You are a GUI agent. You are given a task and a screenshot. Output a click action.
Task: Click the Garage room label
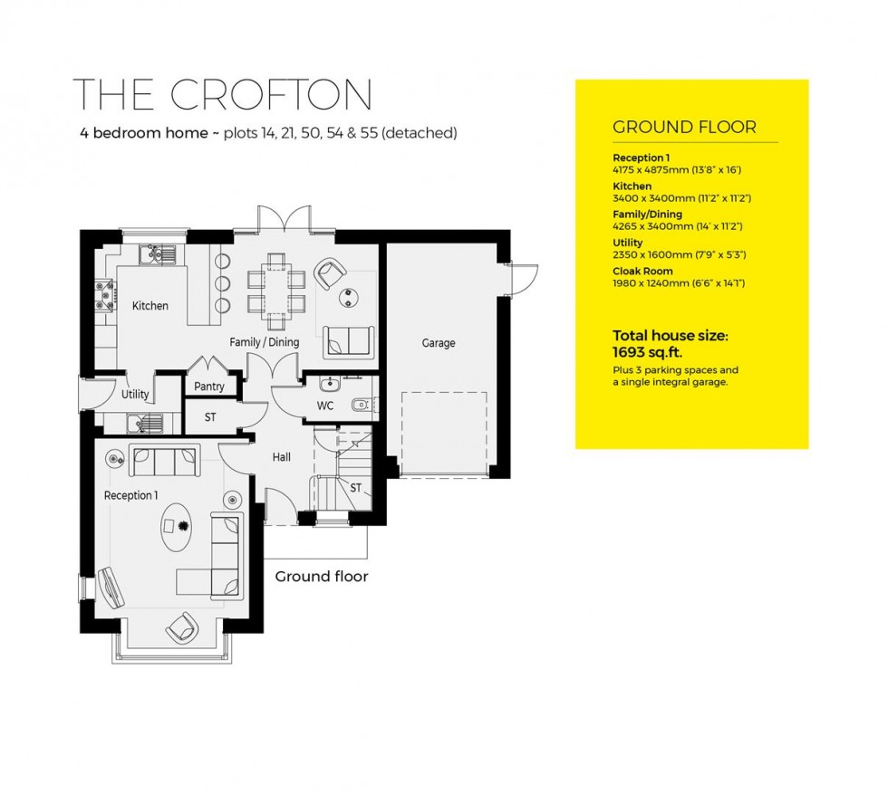tap(438, 343)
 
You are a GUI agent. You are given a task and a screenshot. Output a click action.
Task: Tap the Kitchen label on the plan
tap(150, 306)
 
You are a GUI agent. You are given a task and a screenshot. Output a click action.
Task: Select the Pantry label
tap(209, 387)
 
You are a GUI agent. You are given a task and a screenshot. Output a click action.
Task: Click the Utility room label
tap(135, 395)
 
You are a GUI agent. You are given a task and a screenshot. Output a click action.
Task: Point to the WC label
tap(324, 406)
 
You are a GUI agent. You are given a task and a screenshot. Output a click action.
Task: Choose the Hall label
tap(281, 458)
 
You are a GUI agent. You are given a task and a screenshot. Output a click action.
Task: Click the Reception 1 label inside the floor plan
tap(130, 495)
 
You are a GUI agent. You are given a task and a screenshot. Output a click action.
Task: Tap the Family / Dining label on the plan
tap(264, 342)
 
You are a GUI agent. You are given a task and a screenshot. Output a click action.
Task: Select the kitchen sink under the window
tap(156, 254)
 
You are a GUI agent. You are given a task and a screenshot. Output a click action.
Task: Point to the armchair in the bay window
tap(182, 626)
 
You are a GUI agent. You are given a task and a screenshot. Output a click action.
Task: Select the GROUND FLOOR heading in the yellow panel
tap(684, 127)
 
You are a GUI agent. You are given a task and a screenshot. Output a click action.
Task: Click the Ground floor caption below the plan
tap(321, 576)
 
